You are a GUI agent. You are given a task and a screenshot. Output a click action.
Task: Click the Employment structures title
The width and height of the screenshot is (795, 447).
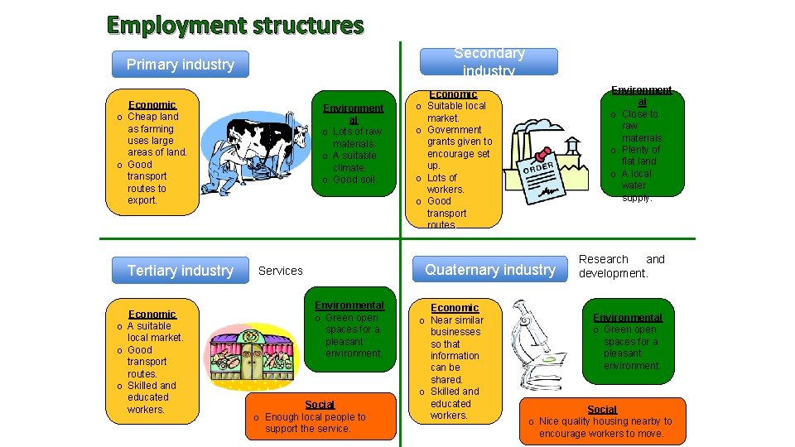click(x=235, y=26)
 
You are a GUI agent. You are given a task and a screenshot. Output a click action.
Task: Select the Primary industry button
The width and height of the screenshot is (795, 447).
click(x=181, y=65)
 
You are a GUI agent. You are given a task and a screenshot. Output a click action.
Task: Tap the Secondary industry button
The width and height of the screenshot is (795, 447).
click(x=489, y=61)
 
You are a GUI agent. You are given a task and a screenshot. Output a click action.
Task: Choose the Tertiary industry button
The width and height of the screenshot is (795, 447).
click(x=181, y=271)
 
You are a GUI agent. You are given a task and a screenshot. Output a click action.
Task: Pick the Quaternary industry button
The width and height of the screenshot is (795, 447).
click(x=490, y=270)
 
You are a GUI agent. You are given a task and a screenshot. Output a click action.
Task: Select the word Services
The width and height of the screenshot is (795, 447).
click(x=281, y=271)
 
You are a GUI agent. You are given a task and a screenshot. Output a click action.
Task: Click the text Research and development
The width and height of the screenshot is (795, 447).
click(x=621, y=267)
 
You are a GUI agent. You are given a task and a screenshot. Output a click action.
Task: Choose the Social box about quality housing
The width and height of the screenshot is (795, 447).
click(x=602, y=421)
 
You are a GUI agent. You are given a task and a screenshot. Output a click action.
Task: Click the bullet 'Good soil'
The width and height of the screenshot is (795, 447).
click(x=354, y=180)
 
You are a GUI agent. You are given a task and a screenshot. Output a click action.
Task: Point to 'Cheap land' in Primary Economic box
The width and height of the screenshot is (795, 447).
click(x=152, y=117)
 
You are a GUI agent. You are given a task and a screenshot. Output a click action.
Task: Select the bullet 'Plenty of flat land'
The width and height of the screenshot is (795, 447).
click(x=640, y=156)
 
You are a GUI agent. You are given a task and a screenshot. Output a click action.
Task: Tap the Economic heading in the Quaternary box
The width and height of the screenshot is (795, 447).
click(x=454, y=308)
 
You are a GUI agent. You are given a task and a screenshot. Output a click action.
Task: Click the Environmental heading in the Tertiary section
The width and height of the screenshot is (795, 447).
click(x=349, y=305)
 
